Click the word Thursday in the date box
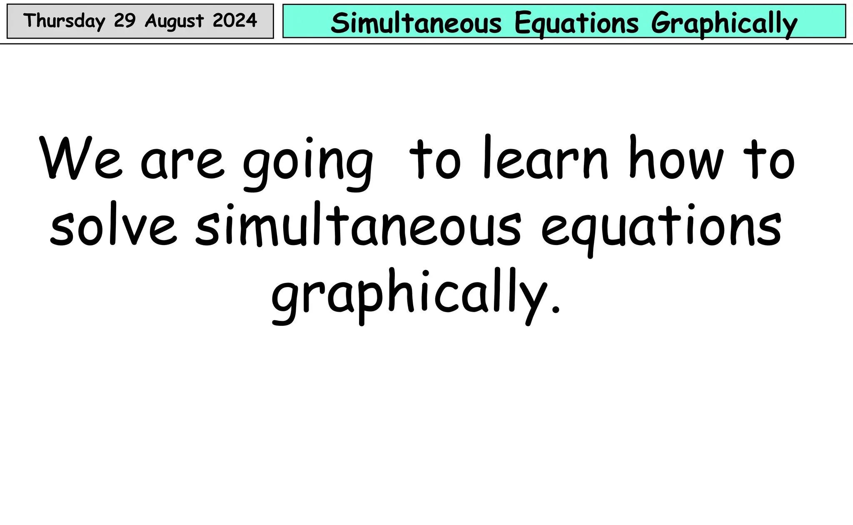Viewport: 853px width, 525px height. coord(64,21)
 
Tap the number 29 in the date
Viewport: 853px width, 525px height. coord(125,20)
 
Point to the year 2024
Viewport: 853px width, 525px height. coord(234,20)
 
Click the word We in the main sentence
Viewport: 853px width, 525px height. coord(81,159)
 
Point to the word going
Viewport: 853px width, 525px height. coord(308,165)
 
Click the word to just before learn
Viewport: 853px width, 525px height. coord(435,160)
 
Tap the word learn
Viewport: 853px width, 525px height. coord(546,158)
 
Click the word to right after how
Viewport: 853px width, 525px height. coord(771,160)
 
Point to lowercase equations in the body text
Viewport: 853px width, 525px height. coord(661,229)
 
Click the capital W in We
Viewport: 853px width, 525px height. coord(62,158)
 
